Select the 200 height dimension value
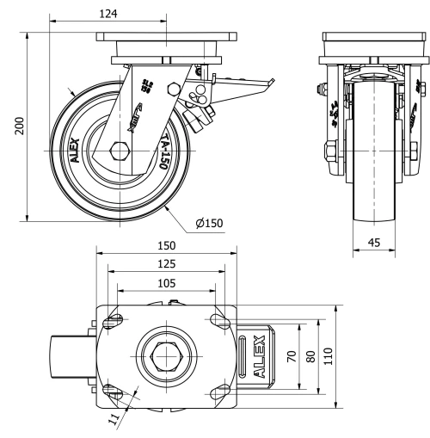(x=18, y=126)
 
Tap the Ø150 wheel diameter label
(x=209, y=224)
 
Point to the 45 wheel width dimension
(x=375, y=244)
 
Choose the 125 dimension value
(x=167, y=264)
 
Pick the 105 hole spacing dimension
(x=167, y=282)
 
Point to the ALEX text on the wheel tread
(x=75, y=150)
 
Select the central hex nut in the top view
(x=165, y=355)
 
